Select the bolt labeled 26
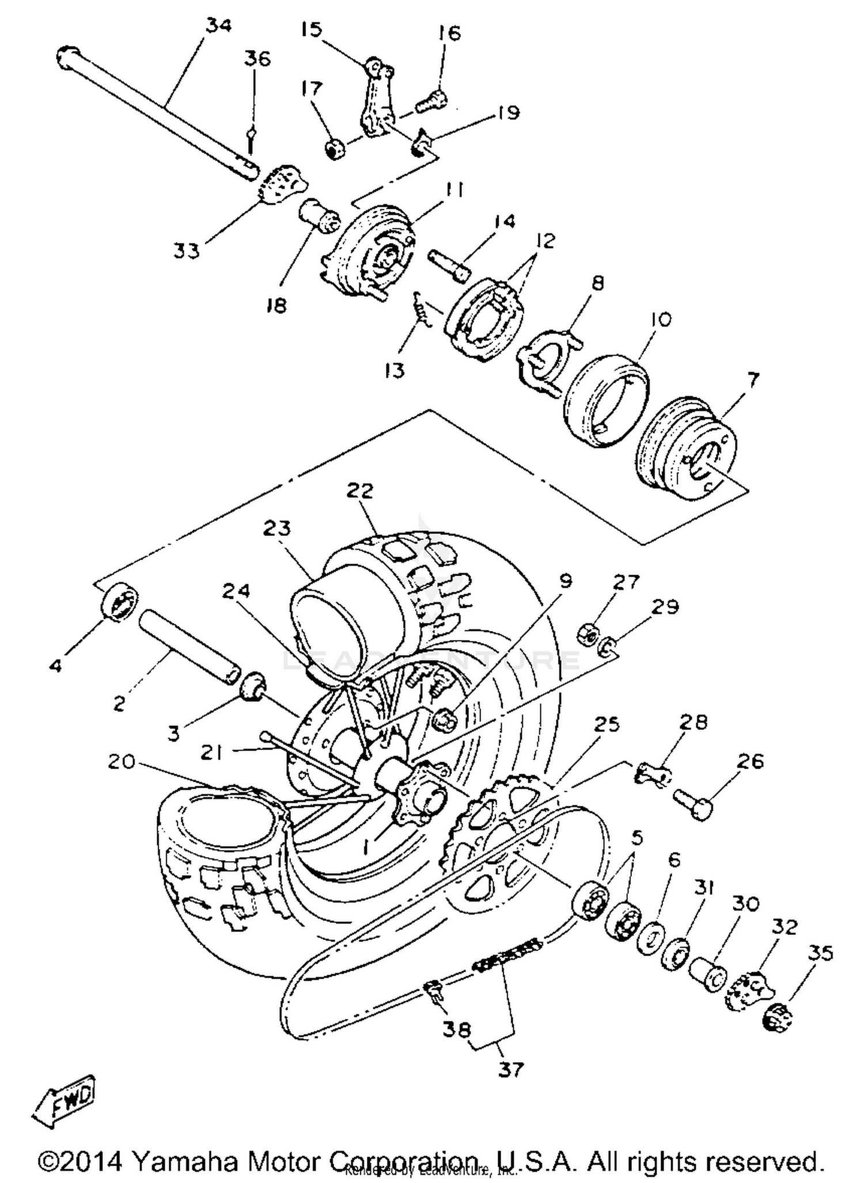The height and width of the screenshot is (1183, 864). (692, 804)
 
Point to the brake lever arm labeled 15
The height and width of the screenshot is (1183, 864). (375, 95)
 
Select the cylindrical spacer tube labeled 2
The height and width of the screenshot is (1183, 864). (188, 648)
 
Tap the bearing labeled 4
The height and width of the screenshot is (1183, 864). (120, 602)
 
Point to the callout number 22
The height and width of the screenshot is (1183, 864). (360, 491)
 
